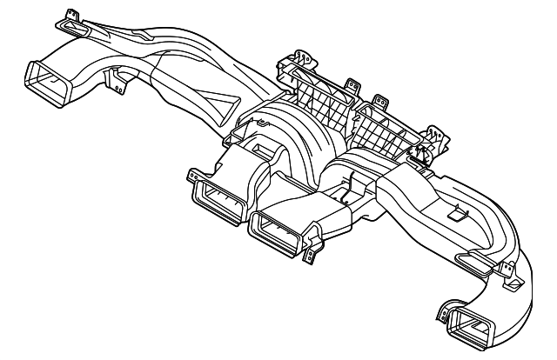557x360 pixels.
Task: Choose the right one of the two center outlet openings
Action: point(277,230)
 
